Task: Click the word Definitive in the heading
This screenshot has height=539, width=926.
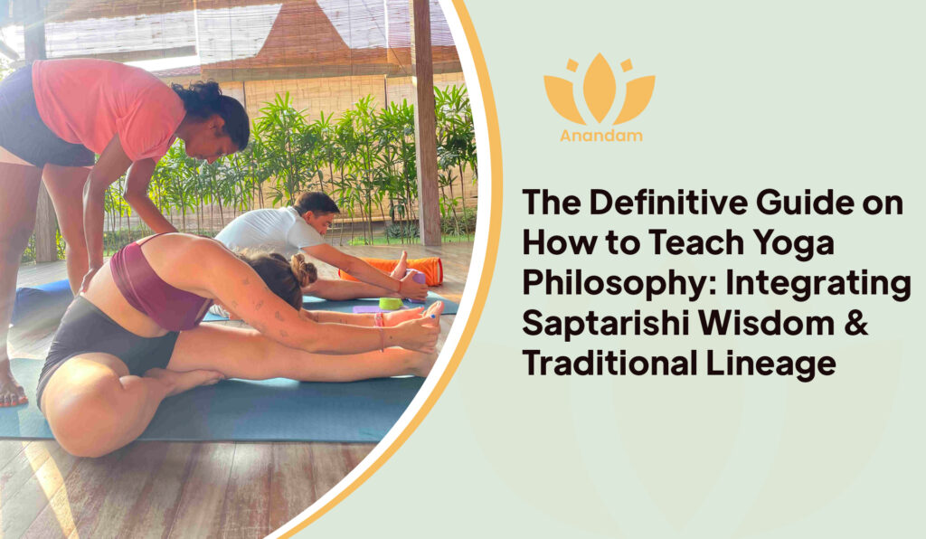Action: click(x=666, y=203)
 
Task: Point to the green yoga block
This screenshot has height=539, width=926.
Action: click(x=391, y=303)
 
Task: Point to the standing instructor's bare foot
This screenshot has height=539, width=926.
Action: click(x=11, y=391)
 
